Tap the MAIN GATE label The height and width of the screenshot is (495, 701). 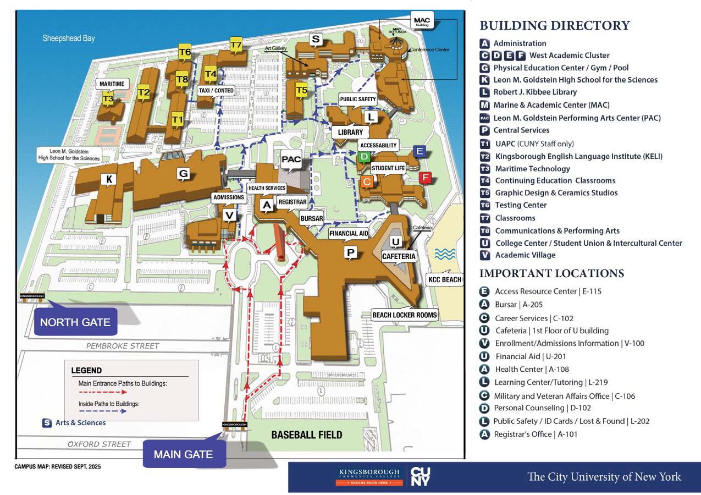click(183, 455)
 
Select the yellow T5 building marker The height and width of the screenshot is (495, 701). click(301, 90)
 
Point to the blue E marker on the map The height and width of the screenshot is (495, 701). click(419, 151)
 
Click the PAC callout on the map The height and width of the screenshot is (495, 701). click(291, 159)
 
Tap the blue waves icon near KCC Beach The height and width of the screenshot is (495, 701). click(445, 254)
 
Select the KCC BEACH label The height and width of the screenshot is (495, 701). click(444, 279)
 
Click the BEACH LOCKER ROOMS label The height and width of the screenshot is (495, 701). click(404, 315)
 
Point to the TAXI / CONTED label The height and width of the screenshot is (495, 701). click(216, 90)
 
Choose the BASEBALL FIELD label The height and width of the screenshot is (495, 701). click(306, 435)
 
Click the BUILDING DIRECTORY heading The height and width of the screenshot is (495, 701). click(554, 25)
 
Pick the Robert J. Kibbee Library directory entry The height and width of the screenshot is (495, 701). click(534, 92)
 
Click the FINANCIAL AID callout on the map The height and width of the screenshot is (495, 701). click(349, 233)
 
